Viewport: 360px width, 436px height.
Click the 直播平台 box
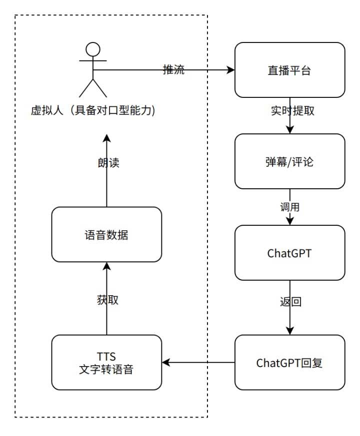click(290, 70)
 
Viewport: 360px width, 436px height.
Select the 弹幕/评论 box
click(290, 161)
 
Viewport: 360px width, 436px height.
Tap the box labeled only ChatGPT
click(290, 252)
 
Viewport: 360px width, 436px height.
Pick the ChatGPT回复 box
click(290, 362)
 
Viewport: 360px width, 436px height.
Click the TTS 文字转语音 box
click(106, 362)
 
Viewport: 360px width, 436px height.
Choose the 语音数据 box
click(106, 235)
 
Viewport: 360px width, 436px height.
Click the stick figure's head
click(92, 50)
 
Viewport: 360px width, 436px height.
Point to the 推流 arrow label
click(173, 70)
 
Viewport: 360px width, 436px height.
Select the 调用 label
click(290, 206)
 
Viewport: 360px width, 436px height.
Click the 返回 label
click(290, 302)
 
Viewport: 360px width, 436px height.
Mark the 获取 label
click(106, 300)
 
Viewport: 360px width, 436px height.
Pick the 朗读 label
click(106, 163)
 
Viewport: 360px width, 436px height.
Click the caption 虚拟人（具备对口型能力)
click(93, 111)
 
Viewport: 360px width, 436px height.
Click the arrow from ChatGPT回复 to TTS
click(200, 362)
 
